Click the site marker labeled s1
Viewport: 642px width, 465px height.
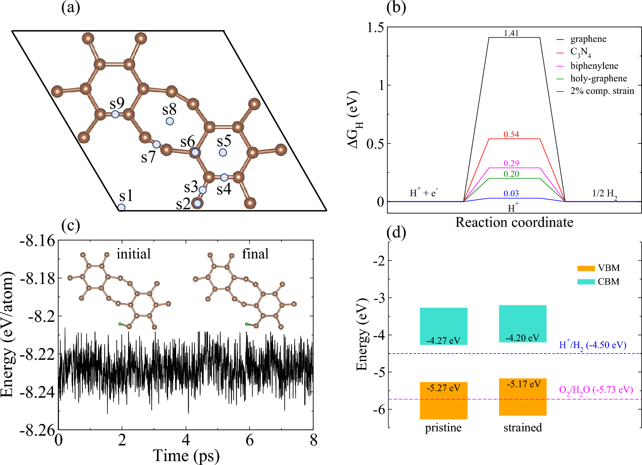[x=121, y=207]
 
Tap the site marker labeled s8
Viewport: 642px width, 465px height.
[x=170, y=121]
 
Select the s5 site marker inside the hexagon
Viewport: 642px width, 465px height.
[x=223, y=153]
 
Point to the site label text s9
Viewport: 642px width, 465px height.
[x=117, y=103]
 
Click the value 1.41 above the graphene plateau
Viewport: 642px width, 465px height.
[x=511, y=33]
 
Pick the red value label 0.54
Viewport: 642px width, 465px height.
[x=511, y=135]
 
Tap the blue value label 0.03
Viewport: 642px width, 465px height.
[x=511, y=194]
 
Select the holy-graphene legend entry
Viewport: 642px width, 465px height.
[x=598, y=78]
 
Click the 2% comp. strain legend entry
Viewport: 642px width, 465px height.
[x=602, y=91]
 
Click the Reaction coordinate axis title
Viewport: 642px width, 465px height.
[x=514, y=222]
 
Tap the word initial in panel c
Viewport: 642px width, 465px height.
[x=134, y=254]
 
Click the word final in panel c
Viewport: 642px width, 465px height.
[x=255, y=254]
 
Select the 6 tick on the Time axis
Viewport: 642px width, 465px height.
[x=250, y=440]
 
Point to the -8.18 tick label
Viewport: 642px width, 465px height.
[x=37, y=278]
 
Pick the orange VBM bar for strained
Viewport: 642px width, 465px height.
[x=523, y=397]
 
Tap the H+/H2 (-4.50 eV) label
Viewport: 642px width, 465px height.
[x=593, y=345]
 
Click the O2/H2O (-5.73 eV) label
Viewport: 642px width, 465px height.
[x=596, y=390]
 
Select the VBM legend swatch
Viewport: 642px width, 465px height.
[x=586, y=268]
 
